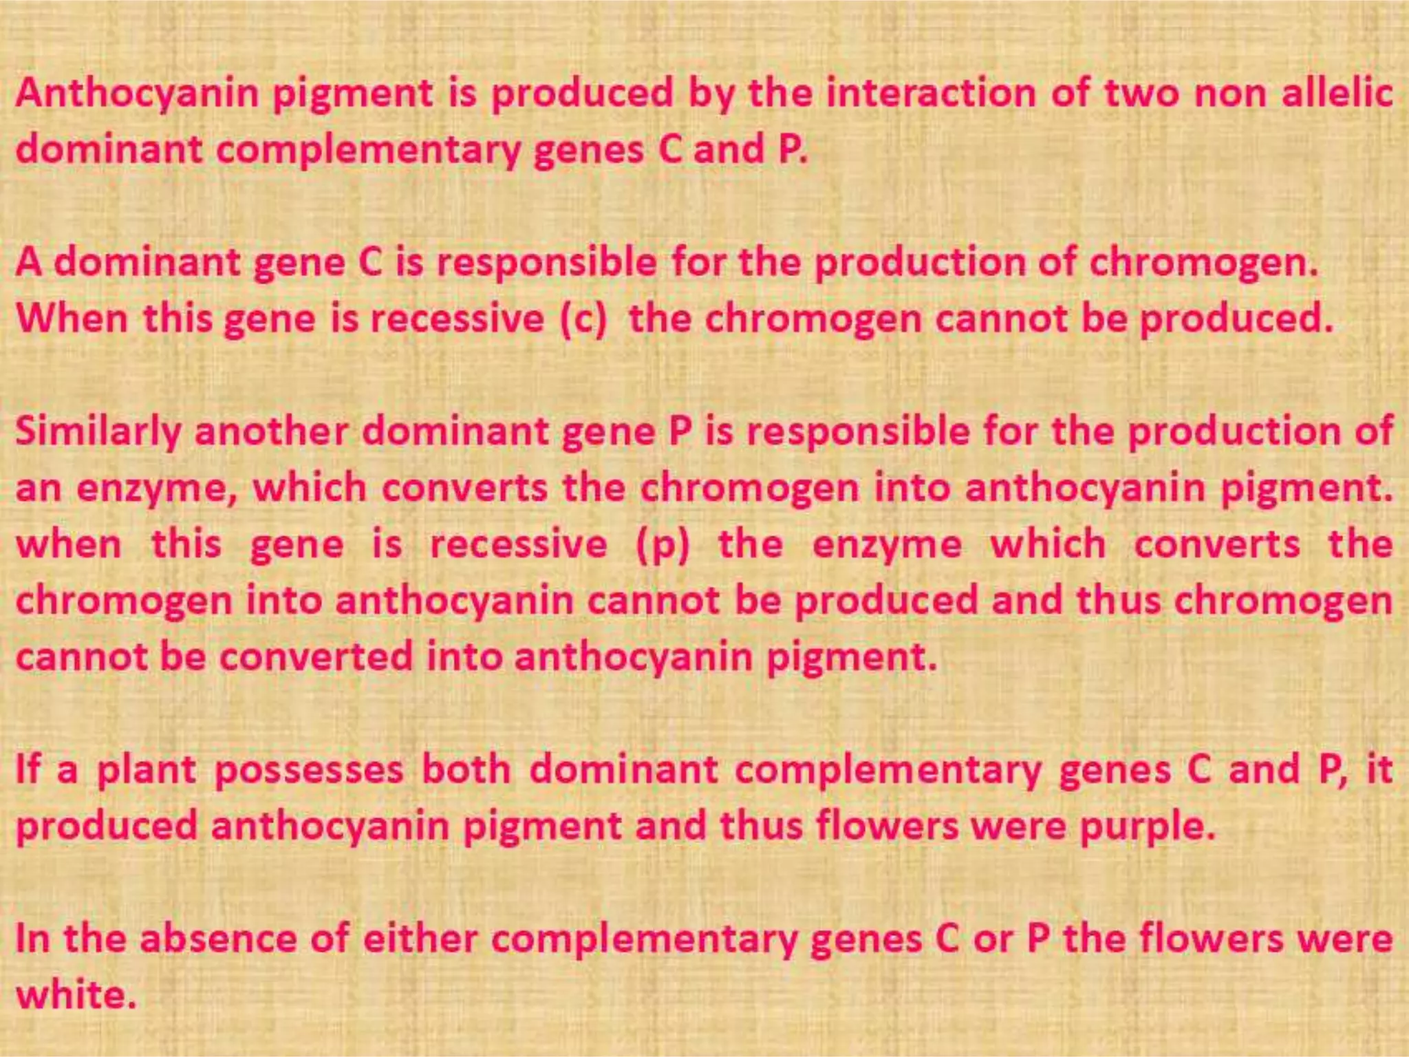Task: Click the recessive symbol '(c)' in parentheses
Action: (583, 319)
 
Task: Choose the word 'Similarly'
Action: (98, 432)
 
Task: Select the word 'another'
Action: (271, 432)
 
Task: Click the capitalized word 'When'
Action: (72, 319)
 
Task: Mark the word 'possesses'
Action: (309, 770)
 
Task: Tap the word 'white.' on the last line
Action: (76, 995)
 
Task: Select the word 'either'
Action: (420, 939)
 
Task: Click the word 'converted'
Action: (316, 656)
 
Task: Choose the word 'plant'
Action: (147, 770)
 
